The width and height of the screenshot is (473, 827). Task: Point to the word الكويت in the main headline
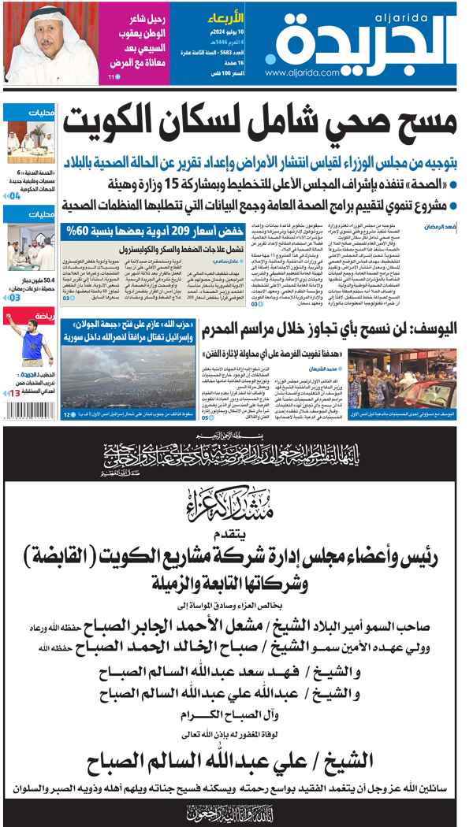(110, 120)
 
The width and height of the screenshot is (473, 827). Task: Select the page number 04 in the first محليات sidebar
(15, 196)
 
